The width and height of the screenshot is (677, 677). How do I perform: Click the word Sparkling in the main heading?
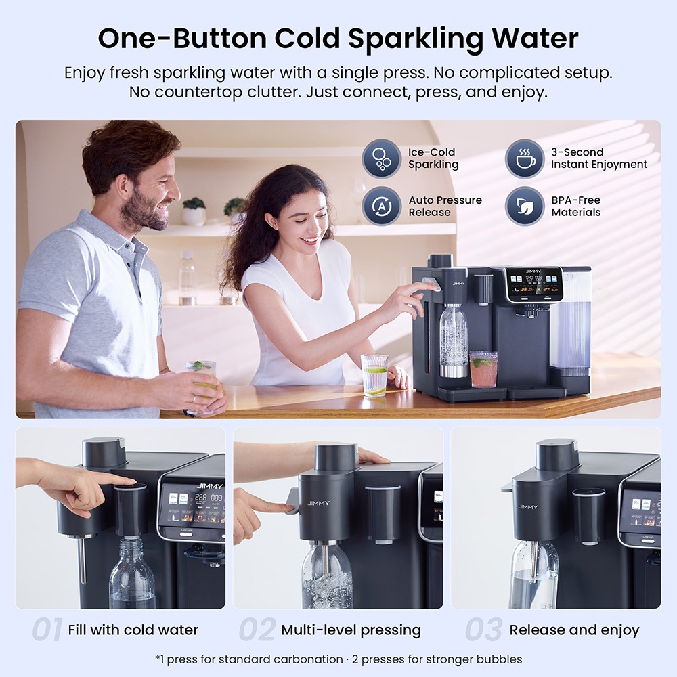(416, 39)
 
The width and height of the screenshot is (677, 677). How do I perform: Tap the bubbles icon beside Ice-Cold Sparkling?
(381, 158)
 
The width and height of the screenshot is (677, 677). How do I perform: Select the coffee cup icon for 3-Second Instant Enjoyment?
(524, 158)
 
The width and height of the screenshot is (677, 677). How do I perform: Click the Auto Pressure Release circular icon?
(381, 206)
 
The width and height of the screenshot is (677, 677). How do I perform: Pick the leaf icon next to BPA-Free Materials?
(524, 206)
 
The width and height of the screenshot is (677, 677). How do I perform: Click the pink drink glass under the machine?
(483, 369)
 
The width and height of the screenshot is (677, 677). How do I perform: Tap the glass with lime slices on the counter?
(374, 375)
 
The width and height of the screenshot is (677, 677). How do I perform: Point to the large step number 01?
(47, 630)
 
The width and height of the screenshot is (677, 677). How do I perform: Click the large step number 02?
(257, 630)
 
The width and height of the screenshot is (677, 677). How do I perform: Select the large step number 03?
(484, 630)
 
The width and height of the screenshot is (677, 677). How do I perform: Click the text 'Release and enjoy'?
(574, 630)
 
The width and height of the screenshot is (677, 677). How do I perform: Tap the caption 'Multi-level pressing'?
(351, 630)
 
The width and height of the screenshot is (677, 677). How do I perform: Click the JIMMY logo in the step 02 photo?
(319, 503)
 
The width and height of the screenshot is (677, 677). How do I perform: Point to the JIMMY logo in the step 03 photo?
(527, 506)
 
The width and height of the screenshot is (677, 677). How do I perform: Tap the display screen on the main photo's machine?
(535, 285)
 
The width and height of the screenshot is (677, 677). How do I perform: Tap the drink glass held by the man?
(201, 380)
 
